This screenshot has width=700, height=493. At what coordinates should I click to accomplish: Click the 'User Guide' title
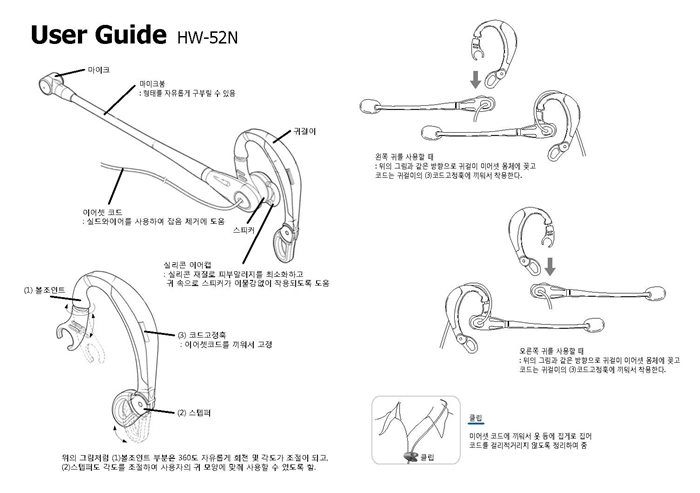(x=97, y=37)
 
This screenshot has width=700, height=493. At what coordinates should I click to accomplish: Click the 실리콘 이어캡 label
(x=186, y=265)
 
